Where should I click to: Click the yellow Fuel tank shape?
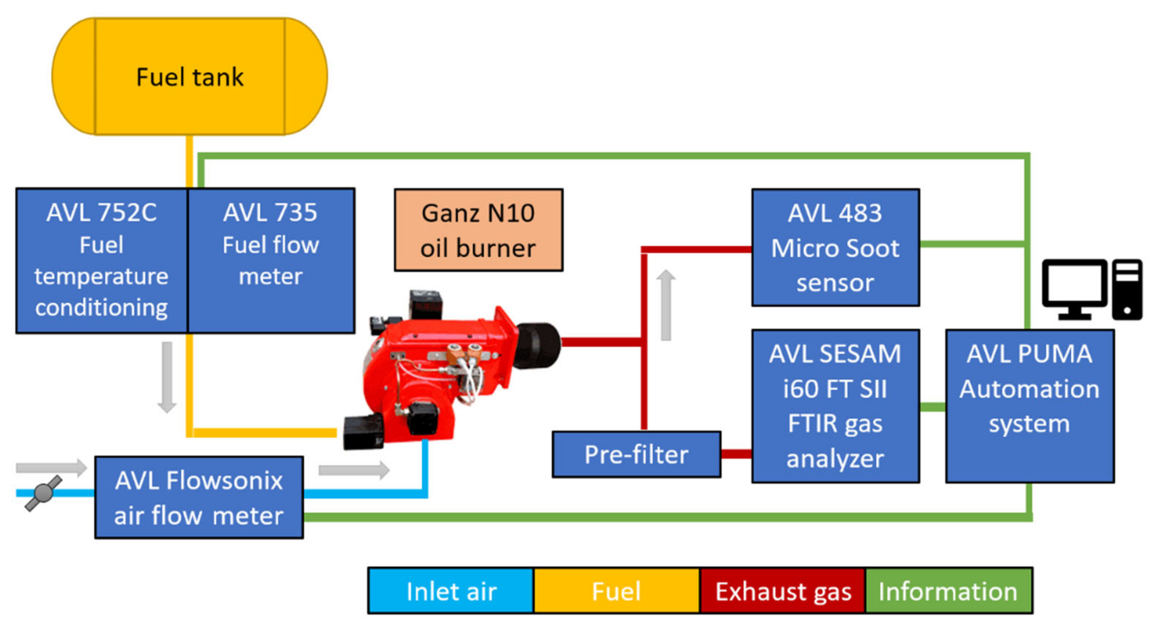point(189,76)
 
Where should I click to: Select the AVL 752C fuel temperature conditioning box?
point(102,261)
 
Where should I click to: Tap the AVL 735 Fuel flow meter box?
point(271,261)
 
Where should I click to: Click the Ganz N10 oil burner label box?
point(478,230)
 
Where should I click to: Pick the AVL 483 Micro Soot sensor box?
point(835,247)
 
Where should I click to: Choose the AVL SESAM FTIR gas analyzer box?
point(835,406)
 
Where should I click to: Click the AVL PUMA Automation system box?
point(1030,406)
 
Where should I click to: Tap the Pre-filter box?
point(636,454)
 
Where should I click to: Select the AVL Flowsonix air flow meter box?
point(199,497)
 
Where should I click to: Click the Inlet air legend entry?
point(451,591)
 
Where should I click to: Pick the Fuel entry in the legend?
point(616,591)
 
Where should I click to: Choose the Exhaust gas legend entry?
point(783,591)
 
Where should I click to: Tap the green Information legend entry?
point(949,591)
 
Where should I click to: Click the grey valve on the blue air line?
point(43,493)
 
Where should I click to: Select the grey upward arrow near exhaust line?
point(666,305)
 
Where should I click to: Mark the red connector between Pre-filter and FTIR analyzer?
point(736,454)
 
